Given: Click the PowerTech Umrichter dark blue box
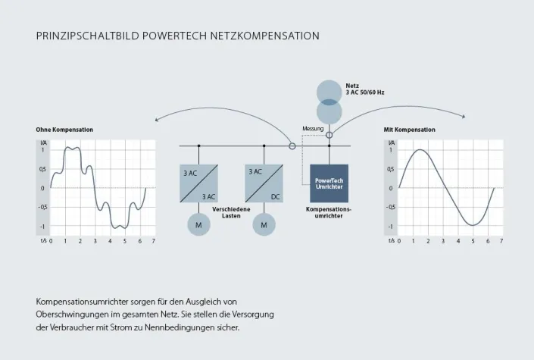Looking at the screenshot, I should click(x=329, y=183).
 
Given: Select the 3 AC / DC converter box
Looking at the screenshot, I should click(x=264, y=183).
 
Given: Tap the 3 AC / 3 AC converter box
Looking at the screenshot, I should click(x=199, y=183).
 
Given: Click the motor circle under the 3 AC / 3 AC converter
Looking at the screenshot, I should click(x=199, y=225).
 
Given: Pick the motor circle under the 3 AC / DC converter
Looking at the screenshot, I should click(x=264, y=225).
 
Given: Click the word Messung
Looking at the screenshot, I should click(x=313, y=129).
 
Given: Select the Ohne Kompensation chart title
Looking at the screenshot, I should click(x=64, y=130).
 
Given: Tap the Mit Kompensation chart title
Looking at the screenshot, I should click(x=410, y=130).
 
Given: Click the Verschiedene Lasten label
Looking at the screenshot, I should click(x=232, y=212).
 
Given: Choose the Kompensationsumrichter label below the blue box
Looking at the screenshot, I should click(x=329, y=212).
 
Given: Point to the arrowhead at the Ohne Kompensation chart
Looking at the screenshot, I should click(x=155, y=119).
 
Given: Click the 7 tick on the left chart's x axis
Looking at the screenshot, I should click(x=154, y=241).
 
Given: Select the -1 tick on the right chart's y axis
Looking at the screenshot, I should click(x=391, y=227).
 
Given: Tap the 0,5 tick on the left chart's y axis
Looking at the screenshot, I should click(x=43, y=169).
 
